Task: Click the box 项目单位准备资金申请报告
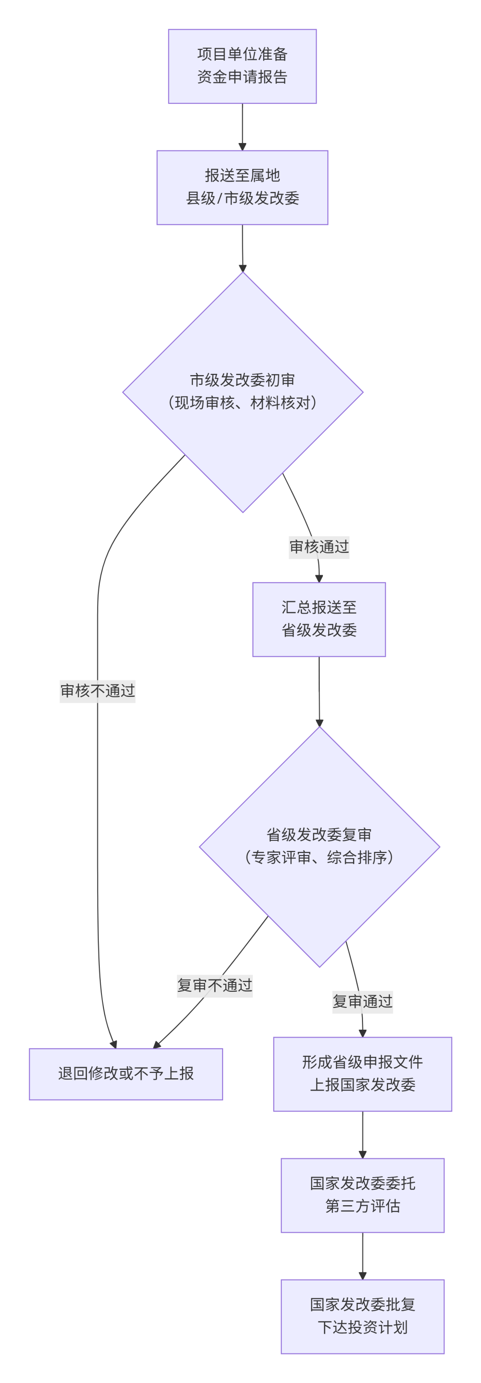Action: pos(242,66)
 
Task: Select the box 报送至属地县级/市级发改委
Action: pos(242,188)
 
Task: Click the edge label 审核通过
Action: pos(319,547)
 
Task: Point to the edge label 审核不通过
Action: pos(97,691)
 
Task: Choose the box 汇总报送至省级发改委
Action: pos(319,619)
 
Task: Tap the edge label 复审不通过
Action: pos(215,985)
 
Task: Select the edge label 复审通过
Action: pos(363,1001)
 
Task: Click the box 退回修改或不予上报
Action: pos(126,1073)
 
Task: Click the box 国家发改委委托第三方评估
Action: pos(363,1195)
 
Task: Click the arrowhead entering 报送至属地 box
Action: pos(242,147)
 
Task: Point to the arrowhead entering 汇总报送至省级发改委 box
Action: pos(319,578)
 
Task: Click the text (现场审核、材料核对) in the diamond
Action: pos(243,403)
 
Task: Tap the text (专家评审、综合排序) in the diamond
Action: pos(319,857)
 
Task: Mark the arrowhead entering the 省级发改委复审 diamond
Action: pos(319,723)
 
